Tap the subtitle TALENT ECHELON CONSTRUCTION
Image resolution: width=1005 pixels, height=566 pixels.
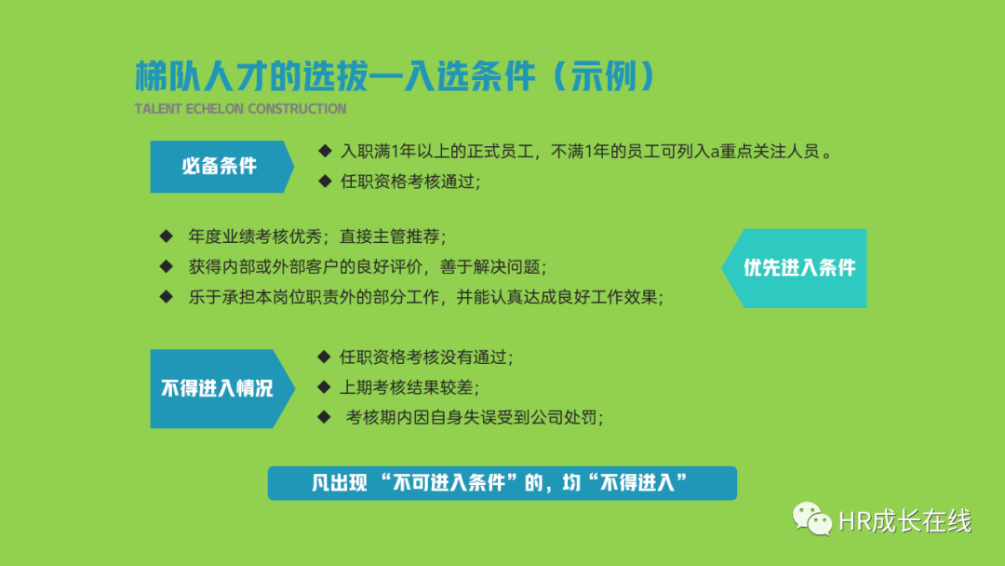[240, 109]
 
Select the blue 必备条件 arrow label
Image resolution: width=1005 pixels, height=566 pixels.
[221, 167]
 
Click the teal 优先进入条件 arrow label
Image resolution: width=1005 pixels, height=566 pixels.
[795, 268]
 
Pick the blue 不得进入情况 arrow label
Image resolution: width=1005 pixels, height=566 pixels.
[221, 388]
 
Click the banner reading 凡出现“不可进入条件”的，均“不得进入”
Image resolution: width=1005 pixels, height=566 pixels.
[502, 482]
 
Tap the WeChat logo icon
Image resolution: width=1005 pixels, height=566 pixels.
[811, 519]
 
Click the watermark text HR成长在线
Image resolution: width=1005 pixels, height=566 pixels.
[905, 521]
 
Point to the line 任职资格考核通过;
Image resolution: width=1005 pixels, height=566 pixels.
[410, 182]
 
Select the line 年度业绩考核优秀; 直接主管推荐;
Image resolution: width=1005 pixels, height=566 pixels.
[317, 236]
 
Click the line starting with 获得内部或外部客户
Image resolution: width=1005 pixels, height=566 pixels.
[368, 266]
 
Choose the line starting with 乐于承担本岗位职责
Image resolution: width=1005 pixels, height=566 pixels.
[425, 297]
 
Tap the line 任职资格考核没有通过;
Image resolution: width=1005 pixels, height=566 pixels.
[426, 357]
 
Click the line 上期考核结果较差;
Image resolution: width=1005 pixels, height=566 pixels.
[409, 387]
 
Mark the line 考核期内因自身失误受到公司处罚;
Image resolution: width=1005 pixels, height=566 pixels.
[475, 417]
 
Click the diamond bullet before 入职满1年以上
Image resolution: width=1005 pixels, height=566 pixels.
[325, 151]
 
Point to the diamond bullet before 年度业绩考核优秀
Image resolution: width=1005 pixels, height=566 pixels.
[167, 236]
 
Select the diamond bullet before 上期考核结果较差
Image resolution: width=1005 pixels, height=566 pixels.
[325, 386]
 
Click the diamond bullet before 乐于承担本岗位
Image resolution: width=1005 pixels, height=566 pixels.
[167, 296]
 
